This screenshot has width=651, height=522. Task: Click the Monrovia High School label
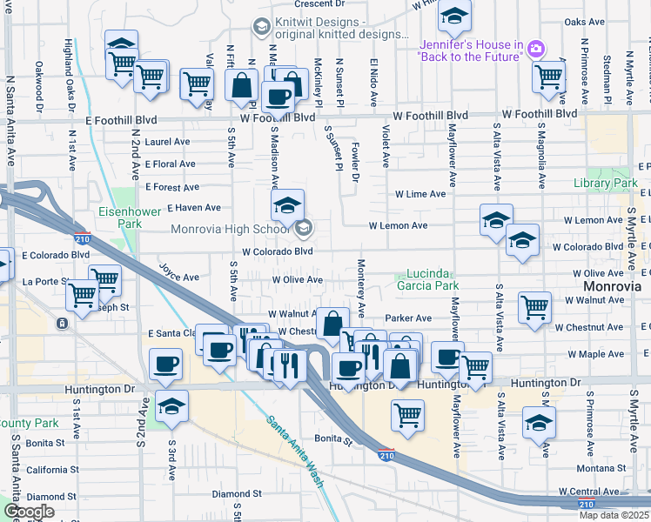click(232, 229)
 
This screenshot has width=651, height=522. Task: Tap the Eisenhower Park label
click(120, 217)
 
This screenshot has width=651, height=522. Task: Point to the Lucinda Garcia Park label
click(427, 278)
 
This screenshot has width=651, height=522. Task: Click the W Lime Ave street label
click(420, 195)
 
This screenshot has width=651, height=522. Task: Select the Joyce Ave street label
click(179, 272)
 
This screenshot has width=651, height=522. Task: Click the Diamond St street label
click(237, 493)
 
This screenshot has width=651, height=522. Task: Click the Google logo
click(29, 512)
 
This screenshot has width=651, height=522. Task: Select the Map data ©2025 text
click(613, 515)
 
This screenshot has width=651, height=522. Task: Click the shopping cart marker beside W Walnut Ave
click(534, 307)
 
